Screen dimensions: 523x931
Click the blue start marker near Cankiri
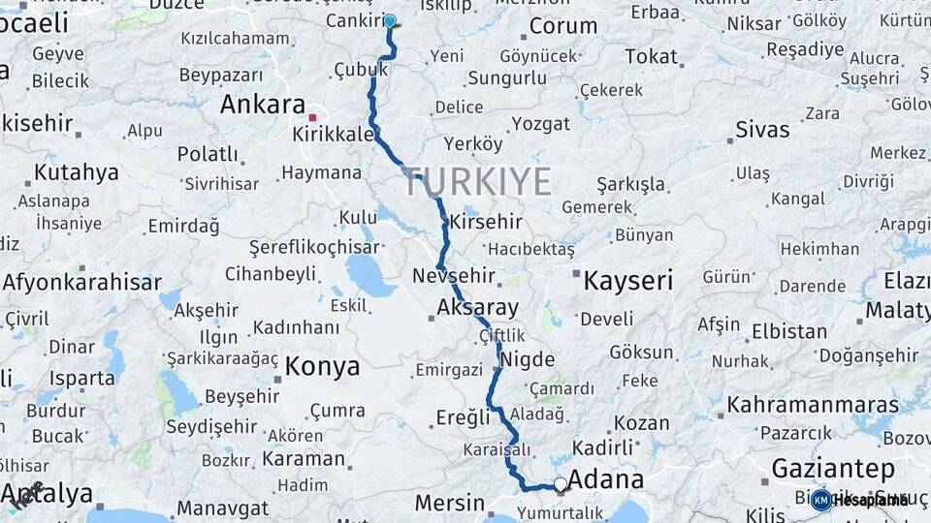coord(390,20)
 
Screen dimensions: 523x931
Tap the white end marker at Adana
coord(560,483)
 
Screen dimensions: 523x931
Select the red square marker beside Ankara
coord(312,116)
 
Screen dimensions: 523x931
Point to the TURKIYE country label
coord(477,181)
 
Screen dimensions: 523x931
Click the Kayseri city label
coord(627,281)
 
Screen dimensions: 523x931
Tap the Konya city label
coord(323,367)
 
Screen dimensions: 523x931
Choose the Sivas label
coord(762,130)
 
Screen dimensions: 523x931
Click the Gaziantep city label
coord(833,469)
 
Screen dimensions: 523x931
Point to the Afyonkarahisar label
coord(81,283)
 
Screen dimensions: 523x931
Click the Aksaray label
coord(477,308)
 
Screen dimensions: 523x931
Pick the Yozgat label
coord(541,123)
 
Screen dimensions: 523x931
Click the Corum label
coord(562,26)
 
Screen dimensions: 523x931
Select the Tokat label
coord(651,56)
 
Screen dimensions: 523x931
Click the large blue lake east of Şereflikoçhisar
coord(369,275)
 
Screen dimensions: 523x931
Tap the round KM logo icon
coord(820,500)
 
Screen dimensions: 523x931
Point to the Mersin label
coord(450,504)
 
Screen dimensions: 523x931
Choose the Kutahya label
coord(77,172)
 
